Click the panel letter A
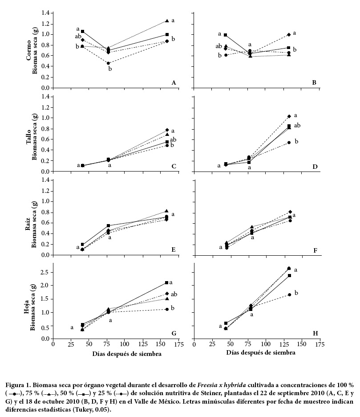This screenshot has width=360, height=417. (174, 82)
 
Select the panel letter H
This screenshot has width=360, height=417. (316, 333)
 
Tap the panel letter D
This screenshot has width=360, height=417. (315, 167)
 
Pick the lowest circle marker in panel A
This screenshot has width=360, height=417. (108, 63)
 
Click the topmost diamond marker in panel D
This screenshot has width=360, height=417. (289, 116)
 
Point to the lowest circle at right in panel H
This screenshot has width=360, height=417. (289, 294)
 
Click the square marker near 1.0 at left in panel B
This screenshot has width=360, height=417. (226, 35)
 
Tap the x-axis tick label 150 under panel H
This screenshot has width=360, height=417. (301, 344)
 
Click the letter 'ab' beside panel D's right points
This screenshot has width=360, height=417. (297, 126)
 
